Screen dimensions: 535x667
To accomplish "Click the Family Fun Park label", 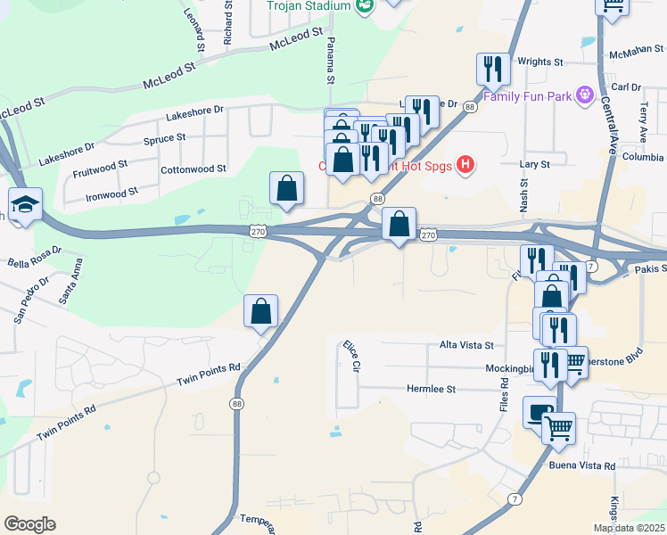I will [528, 95].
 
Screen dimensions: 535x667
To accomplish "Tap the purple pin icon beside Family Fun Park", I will [585, 94].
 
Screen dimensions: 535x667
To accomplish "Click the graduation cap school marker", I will [25, 203].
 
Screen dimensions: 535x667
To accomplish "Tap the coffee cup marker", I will [539, 412].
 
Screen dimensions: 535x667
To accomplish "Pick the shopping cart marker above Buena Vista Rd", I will [558, 427].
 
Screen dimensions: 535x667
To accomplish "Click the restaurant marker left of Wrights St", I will [492, 68].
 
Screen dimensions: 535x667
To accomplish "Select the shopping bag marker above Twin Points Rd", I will [260, 311].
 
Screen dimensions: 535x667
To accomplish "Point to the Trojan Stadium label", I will [309, 6].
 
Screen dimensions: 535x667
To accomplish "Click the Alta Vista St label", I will [466, 344].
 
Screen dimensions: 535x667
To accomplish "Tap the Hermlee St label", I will [431, 390].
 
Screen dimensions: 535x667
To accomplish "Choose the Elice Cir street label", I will [350, 354].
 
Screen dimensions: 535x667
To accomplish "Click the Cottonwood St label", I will [193, 169].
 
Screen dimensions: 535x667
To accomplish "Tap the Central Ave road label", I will [613, 125].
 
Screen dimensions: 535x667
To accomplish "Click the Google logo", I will [29, 524].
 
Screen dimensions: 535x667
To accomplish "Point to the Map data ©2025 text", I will [629, 528].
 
